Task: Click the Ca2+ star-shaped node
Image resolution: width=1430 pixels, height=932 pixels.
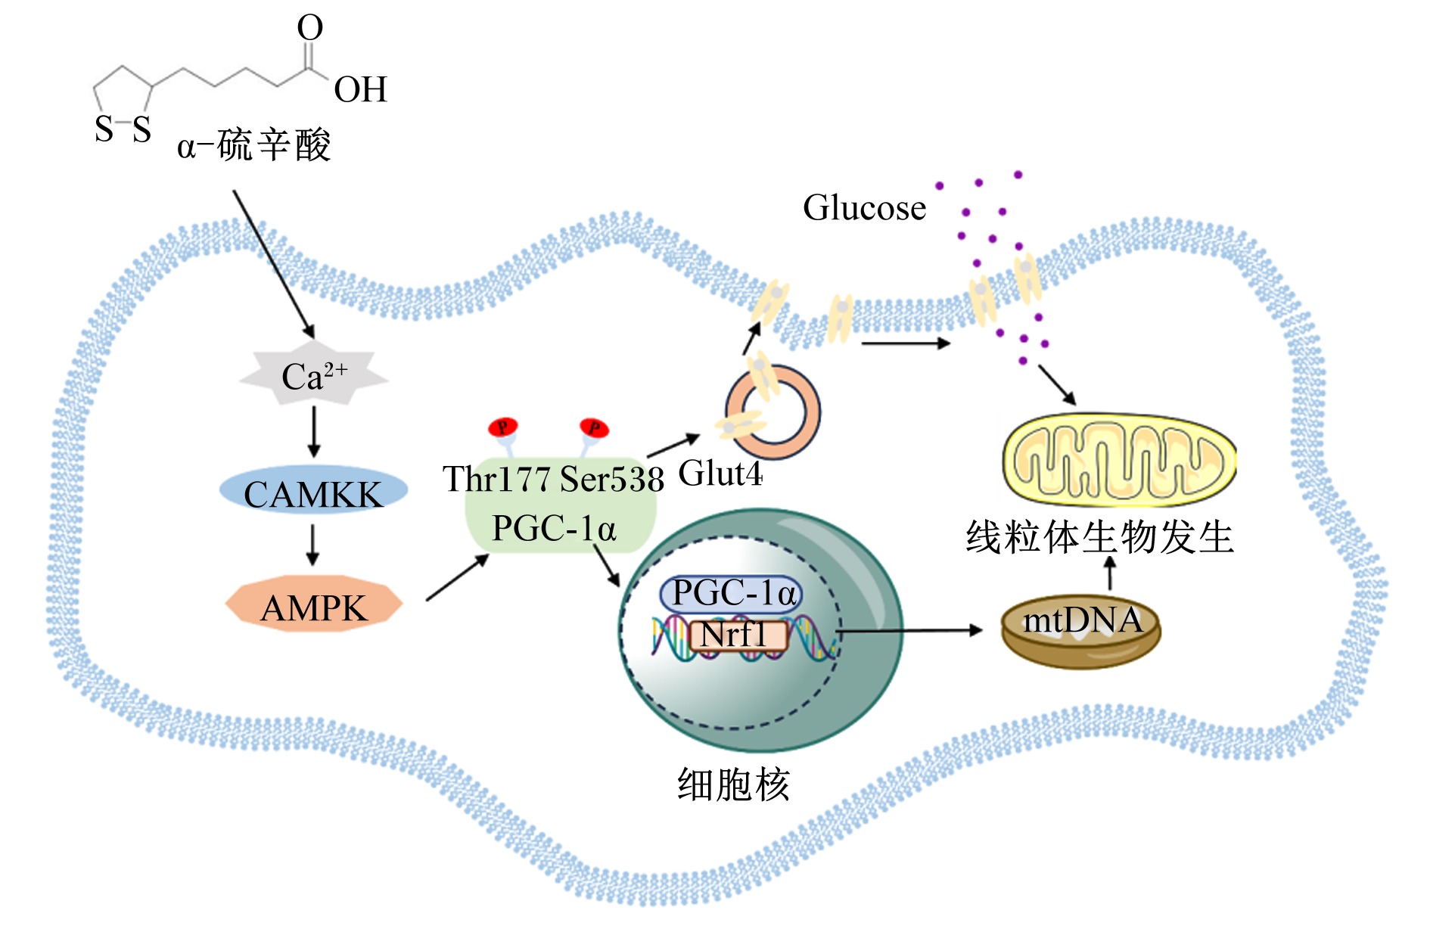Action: (x=314, y=376)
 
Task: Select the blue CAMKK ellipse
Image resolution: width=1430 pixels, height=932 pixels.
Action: (x=313, y=491)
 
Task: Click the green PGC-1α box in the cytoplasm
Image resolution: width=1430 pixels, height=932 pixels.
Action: (x=560, y=505)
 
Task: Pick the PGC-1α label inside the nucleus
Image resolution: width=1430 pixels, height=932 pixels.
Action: (x=732, y=593)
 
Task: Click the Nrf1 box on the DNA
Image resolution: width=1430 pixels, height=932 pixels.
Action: (x=738, y=635)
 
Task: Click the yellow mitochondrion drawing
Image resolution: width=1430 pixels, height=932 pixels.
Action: (x=1118, y=460)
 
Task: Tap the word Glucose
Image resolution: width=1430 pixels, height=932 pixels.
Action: (x=864, y=207)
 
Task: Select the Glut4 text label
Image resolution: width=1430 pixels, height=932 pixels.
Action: (x=720, y=474)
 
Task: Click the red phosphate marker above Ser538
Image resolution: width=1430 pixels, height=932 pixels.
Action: (x=594, y=428)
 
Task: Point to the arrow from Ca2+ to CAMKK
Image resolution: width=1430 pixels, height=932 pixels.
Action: (x=314, y=432)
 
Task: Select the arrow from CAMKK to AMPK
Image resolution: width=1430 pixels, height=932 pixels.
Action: (x=313, y=544)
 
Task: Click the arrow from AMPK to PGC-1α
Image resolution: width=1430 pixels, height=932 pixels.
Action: (x=458, y=577)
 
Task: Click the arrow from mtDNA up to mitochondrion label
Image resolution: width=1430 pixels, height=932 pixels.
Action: (x=1110, y=573)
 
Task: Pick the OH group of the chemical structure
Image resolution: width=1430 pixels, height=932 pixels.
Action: (x=360, y=89)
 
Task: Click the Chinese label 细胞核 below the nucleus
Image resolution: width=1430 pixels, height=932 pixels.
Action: (x=733, y=784)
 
